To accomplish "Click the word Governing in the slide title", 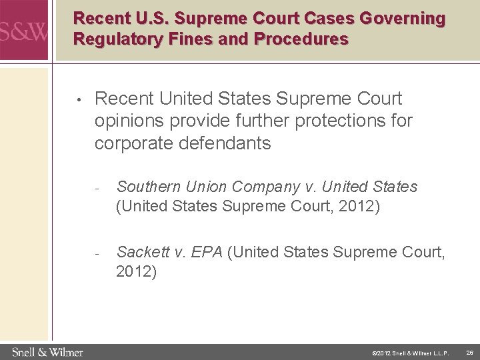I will pyautogui.click(x=404, y=19).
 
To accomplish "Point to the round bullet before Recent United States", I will pyautogui.click(x=79, y=101).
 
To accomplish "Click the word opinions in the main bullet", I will pyautogui.click(x=131, y=121).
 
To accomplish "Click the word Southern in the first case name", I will pyautogui.click(x=149, y=187).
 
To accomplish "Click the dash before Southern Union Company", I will pyautogui.click(x=97, y=187).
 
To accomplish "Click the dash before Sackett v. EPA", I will pyautogui.click(x=97, y=253).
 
